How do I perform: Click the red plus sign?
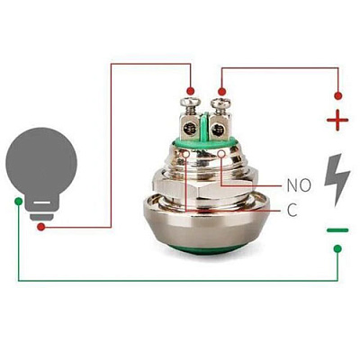(x=337, y=120)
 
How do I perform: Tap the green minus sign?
(x=337, y=230)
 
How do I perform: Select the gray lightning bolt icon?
(x=337, y=179)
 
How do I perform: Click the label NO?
(x=299, y=185)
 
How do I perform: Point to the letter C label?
(x=292, y=210)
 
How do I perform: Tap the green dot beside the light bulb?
(x=18, y=201)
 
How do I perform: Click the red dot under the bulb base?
(x=41, y=227)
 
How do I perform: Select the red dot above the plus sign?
(x=338, y=96)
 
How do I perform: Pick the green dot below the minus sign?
(x=337, y=248)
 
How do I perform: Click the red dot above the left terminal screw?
(x=190, y=91)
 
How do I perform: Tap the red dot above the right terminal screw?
(x=221, y=92)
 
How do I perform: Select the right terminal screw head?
(x=220, y=103)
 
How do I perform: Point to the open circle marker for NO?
(x=221, y=154)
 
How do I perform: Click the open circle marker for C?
(x=186, y=154)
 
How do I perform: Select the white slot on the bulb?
(x=41, y=202)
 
